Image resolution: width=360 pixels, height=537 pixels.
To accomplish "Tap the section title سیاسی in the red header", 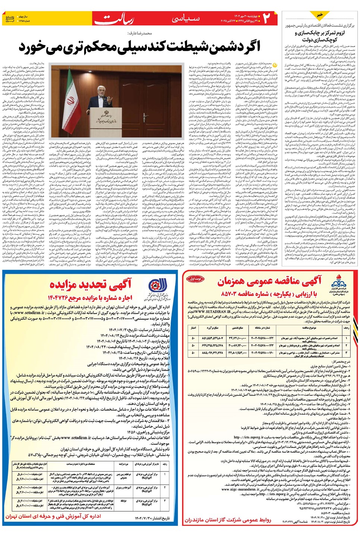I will click(186, 18).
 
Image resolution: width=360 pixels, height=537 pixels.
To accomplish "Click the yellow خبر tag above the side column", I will click(320, 15).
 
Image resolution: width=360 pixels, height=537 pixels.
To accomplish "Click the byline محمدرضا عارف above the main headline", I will click(139, 33).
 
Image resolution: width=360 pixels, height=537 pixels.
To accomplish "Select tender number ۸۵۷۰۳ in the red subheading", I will click(234, 294).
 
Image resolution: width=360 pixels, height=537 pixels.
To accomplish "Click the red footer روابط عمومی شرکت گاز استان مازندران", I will click(228, 520).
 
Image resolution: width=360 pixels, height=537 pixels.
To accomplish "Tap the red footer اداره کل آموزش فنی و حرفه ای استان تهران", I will click(53, 516).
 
